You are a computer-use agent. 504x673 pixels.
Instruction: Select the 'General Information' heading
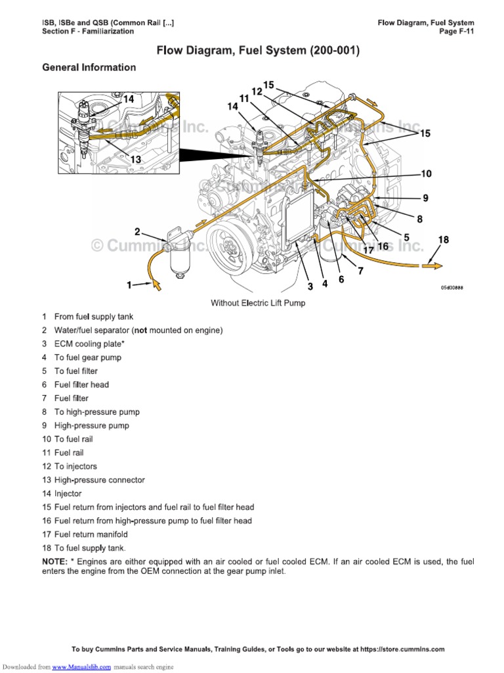[89, 67]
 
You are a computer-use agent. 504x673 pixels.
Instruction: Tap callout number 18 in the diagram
[444, 240]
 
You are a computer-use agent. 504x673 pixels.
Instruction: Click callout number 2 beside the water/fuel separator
[137, 231]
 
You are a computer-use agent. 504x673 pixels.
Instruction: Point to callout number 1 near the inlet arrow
[129, 285]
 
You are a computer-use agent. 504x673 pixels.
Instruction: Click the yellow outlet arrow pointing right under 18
[432, 265]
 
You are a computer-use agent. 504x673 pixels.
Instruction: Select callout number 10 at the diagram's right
[426, 174]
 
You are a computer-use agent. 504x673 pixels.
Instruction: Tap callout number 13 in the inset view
[136, 159]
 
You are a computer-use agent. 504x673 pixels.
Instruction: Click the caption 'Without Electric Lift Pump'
[258, 303]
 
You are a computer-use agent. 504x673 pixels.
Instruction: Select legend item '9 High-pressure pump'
[85, 425]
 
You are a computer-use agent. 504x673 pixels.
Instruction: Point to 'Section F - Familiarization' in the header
[88, 31]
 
